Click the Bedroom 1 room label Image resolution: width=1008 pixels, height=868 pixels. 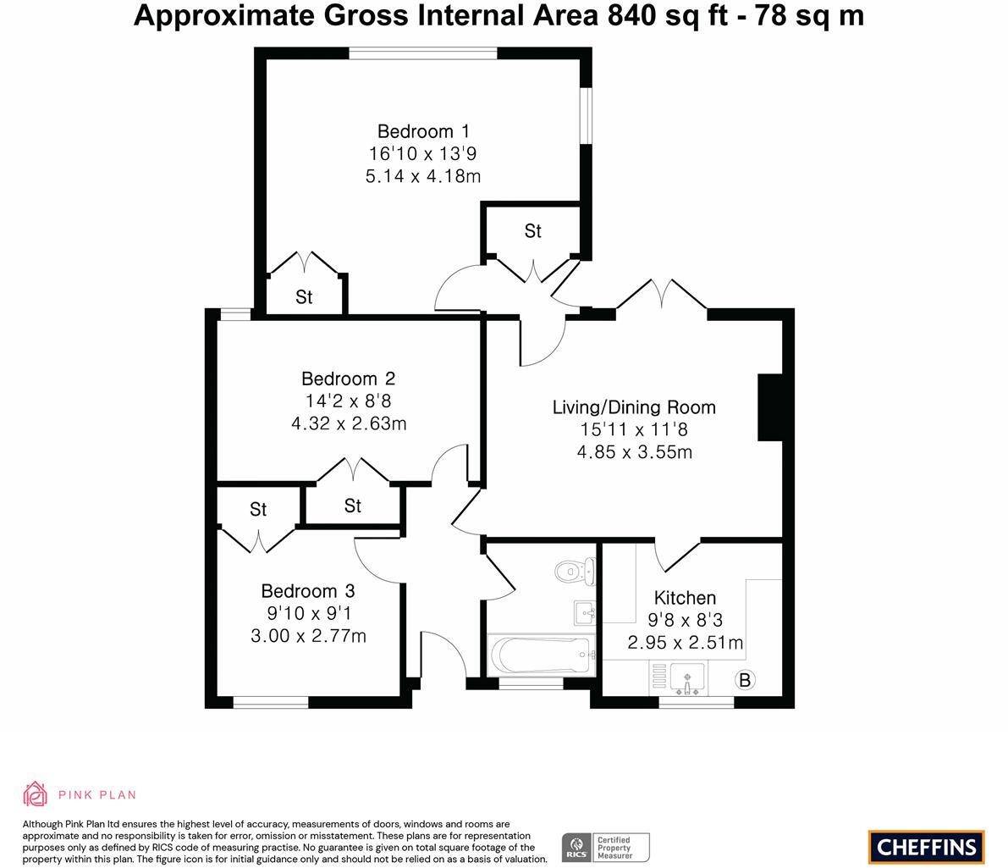pyautogui.click(x=423, y=131)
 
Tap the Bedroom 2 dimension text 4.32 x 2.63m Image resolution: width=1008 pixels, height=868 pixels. pyautogui.click(x=349, y=423)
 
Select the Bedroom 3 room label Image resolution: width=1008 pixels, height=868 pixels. pyautogui.click(x=307, y=591)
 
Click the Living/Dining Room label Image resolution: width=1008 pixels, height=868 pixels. pyautogui.click(x=634, y=407)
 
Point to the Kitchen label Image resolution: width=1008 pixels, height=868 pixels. pyautogui.click(x=685, y=598)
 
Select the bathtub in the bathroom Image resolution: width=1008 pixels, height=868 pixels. pyautogui.click(x=540, y=655)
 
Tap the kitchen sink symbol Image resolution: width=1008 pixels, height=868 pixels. pyautogui.click(x=686, y=678)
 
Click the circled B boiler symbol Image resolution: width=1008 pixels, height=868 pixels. pyautogui.click(x=745, y=679)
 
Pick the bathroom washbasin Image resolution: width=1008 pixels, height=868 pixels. pyautogui.click(x=585, y=611)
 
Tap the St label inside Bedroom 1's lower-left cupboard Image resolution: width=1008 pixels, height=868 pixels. pyautogui.click(x=304, y=297)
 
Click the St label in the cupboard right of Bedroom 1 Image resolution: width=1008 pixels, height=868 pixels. pyautogui.click(x=532, y=231)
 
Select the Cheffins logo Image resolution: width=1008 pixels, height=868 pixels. pyautogui.click(x=926, y=846)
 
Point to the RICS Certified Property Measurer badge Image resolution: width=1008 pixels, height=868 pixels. pyautogui.click(x=606, y=847)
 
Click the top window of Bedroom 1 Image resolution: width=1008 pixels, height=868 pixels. pyautogui.click(x=423, y=53)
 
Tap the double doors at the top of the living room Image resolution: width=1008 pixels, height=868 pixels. pyautogui.click(x=661, y=296)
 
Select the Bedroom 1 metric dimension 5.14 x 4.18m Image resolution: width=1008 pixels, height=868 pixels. pyautogui.click(x=423, y=176)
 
